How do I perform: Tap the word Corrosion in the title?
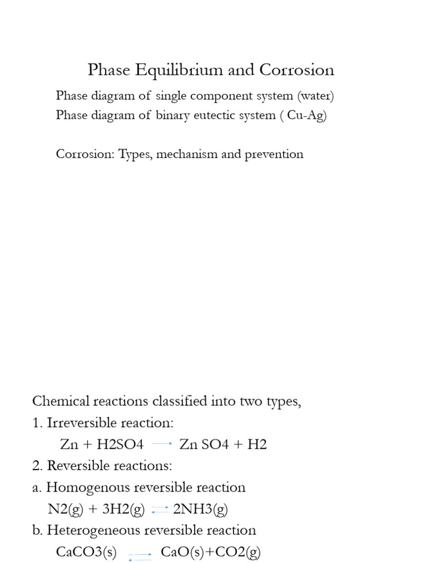click(x=297, y=70)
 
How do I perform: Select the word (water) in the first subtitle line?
click(x=316, y=96)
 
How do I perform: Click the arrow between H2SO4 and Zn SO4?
click(x=162, y=443)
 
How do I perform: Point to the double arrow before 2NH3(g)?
click(x=159, y=510)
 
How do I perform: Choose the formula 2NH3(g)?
click(x=201, y=509)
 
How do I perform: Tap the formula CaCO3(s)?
click(x=86, y=551)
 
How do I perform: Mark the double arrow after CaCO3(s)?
click(x=140, y=556)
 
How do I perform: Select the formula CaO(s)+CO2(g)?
click(x=210, y=551)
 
